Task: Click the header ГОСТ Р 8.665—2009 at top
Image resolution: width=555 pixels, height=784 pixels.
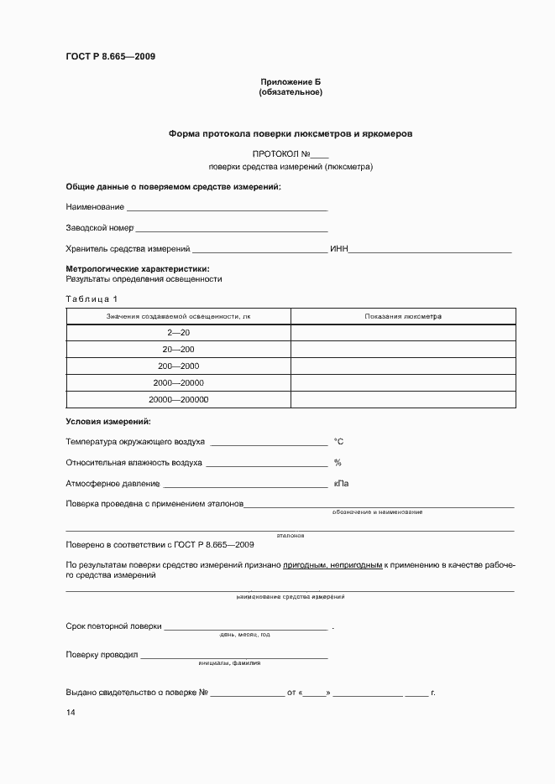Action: [110, 57]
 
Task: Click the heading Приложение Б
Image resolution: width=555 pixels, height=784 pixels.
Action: [291, 81]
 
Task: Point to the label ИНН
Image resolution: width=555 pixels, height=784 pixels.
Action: [338, 249]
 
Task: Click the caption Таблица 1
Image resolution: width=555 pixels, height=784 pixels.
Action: [92, 299]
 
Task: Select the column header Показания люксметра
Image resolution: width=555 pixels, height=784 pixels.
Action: [403, 316]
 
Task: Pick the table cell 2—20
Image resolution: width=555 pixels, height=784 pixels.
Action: [178, 333]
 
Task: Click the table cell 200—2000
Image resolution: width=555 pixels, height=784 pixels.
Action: [178, 366]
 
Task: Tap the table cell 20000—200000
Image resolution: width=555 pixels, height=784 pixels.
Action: [178, 400]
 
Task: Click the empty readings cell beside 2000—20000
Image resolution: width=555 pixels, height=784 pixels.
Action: [403, 383]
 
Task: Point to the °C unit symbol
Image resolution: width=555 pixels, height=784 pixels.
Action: [339, 441]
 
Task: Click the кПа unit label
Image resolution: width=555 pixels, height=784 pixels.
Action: [341, 484]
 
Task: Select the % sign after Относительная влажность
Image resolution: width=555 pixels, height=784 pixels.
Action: [338, 463]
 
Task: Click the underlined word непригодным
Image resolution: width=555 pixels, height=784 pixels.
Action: [356, 566]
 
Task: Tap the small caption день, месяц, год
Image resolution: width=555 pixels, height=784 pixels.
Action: [244, 635]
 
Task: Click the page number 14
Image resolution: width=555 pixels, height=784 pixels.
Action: [71, 713]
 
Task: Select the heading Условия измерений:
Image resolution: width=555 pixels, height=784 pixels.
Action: [108, 421]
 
